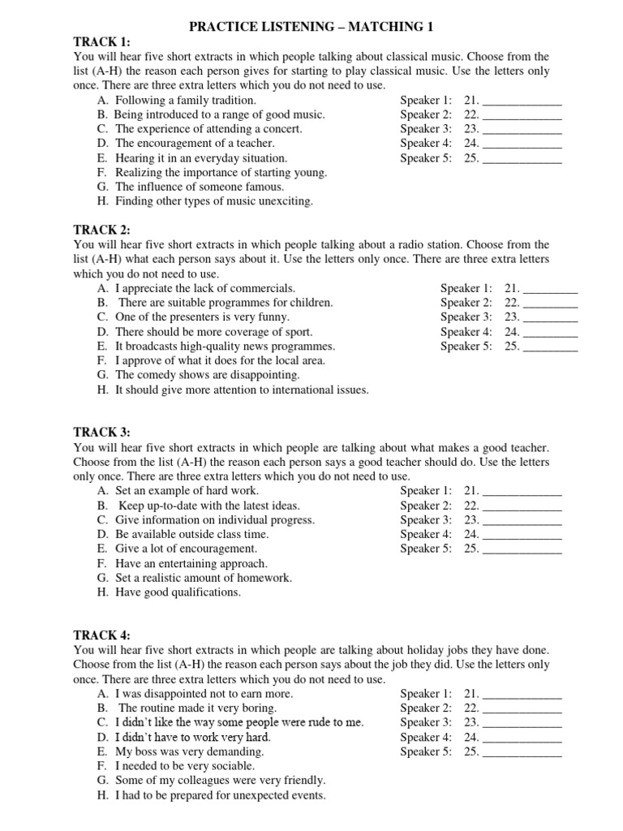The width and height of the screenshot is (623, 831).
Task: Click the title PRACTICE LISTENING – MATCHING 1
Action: tap(311, 27)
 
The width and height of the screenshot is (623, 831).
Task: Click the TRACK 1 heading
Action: tap(102, 41)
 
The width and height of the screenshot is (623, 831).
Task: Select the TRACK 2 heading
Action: tap(102, 230)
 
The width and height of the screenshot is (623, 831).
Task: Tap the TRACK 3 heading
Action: tap(102, 433)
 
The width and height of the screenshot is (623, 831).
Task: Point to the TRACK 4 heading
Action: tap(102, 635)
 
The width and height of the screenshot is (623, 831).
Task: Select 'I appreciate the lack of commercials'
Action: tap(205, 288)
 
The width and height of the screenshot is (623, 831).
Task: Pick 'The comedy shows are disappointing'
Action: tap(208, 375)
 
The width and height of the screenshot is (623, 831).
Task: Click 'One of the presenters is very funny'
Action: tap(208, 317)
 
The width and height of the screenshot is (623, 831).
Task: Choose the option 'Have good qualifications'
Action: tap(178, 592)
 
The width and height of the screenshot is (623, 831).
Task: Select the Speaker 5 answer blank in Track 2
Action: tap(552, 347)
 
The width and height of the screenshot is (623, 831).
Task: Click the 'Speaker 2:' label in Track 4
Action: tap(426, 708)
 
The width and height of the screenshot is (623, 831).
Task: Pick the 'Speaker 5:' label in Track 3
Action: tap(426, 549)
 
